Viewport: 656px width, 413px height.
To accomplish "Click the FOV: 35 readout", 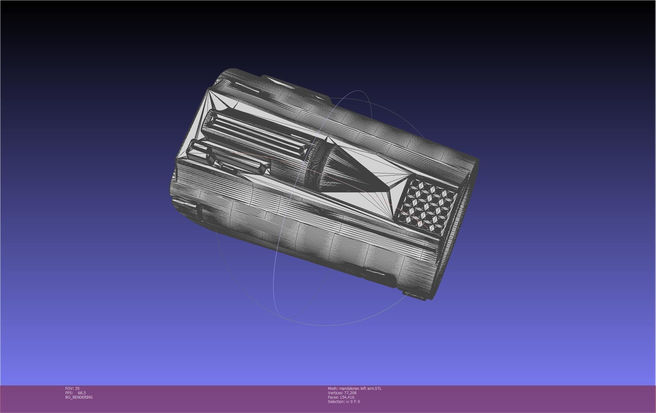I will (x=72, y=388).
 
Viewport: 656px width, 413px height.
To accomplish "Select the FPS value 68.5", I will (x=82, y=393).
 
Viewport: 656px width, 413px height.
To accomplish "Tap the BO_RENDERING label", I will (x=79, y=397).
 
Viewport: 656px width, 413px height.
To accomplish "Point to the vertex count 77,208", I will (x=350, y=393).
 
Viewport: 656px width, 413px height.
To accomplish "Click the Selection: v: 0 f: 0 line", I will (x=344, y=402).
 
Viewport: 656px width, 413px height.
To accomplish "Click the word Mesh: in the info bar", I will (x=333, y=389).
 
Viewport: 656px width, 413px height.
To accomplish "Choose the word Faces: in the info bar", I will (x=333, y=397).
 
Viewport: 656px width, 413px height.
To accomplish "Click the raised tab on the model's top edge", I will (x=280, y=80).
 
